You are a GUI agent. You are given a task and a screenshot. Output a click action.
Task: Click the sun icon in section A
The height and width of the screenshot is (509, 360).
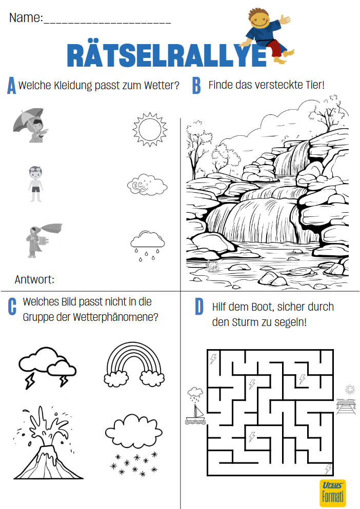(150, 129)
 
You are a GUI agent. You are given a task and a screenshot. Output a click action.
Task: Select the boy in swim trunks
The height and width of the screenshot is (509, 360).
(35, 184)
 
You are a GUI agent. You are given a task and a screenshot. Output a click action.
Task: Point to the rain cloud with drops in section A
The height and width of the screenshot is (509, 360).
(148, 246)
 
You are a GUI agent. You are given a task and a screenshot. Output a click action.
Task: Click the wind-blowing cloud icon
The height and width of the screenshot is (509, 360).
(147, 185)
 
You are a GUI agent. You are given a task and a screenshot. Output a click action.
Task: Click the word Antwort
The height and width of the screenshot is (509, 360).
(34, 279)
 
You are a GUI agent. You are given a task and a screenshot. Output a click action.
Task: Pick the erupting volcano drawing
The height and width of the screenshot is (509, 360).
(48, 442)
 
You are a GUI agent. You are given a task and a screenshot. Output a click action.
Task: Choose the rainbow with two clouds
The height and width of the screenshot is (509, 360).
(134, 364)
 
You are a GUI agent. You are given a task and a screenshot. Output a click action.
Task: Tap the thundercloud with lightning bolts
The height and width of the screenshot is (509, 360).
(48, 368)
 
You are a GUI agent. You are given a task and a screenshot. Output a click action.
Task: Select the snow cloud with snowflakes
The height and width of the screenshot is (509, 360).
(133, 445)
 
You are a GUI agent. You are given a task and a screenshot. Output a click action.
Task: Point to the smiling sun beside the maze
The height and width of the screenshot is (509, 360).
(350, 389)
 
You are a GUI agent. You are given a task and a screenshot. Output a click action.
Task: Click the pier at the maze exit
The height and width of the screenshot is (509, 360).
(346, 407)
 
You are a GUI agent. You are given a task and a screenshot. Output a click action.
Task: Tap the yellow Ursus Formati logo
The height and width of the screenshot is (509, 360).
(332, 493)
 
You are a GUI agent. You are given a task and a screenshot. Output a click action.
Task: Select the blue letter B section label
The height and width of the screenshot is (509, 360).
(196, 86)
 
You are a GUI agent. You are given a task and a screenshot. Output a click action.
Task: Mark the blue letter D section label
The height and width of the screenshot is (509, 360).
(199, 307)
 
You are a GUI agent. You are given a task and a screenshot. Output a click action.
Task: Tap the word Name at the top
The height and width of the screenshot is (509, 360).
(26, 17)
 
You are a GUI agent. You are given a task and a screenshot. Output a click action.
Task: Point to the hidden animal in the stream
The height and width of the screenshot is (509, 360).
(212, 266)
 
